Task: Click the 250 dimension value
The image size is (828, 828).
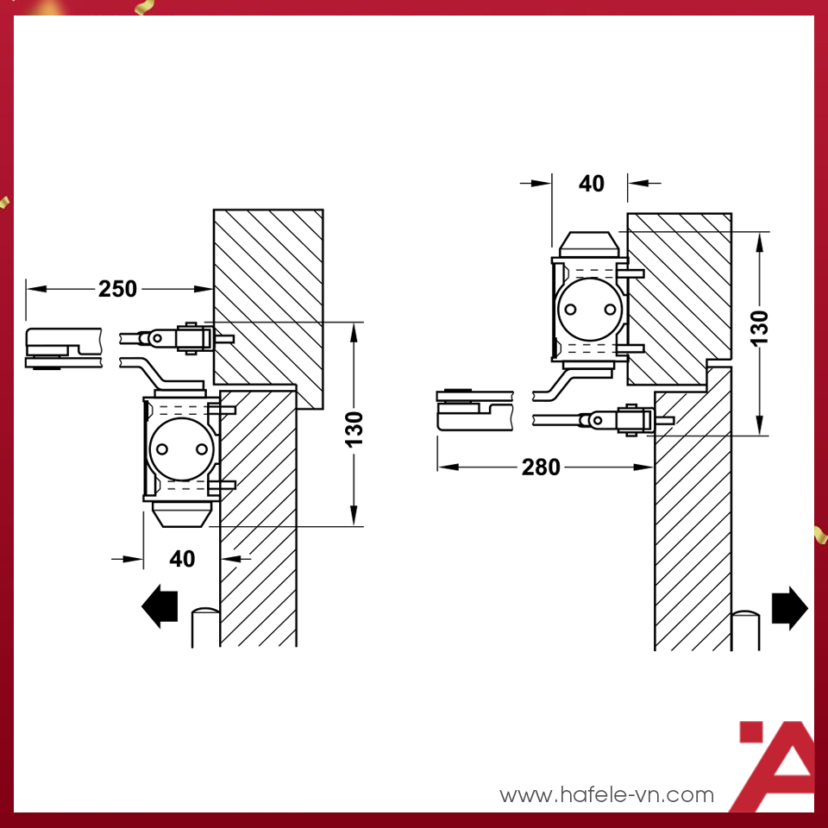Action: coord(117,289)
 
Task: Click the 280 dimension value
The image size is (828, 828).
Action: coord(541,467)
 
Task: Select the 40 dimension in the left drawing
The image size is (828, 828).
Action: coord(182,559)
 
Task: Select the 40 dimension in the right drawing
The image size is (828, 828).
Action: coord(592,184)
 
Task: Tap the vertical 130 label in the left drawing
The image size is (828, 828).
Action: coord(354,430)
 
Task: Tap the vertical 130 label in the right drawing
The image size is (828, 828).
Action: coord(759,329)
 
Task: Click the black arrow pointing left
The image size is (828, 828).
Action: coord(160,606)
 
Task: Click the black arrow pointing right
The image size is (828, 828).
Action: coord(790,608)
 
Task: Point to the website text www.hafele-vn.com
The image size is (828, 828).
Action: coord(606,794)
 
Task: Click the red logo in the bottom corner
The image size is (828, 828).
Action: coord(776,766)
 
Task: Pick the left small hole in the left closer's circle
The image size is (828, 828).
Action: coord(162,449)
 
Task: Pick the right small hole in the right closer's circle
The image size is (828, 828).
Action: coord(610,309)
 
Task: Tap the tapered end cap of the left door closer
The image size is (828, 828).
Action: coord(182,514)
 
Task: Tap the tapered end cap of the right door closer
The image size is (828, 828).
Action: coord(589,244)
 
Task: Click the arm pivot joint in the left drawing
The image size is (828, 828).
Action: coord(157,338)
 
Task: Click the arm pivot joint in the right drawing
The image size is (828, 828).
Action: coord(597,420)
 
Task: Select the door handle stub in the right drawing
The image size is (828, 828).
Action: coord(745,630)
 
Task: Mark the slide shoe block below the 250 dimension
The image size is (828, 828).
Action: coord(63,348)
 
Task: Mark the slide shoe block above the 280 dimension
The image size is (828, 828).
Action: coord(474,411)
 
